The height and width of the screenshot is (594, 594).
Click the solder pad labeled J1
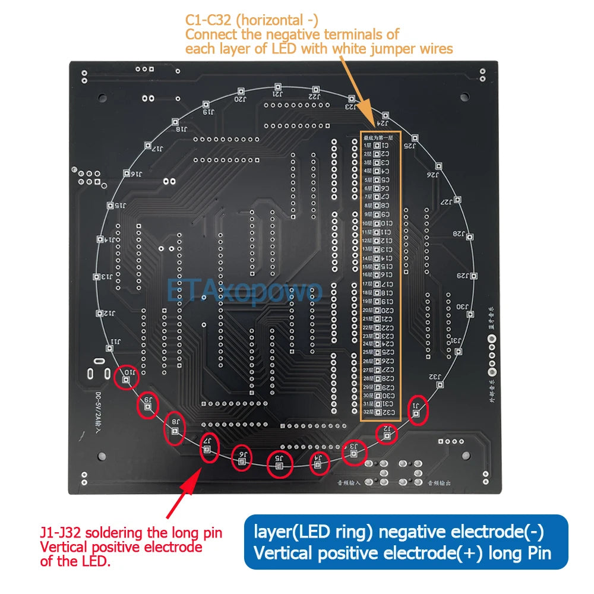[x=417, y=415]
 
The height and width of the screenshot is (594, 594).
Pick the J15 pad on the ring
[x=110, y=206]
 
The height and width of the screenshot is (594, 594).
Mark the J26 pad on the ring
[x=438, y=166]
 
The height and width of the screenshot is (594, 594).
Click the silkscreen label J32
[x=435, y=376]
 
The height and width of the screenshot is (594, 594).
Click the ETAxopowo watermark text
[x=245, y=292]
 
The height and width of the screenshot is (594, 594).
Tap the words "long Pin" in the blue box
[x=520, y=554]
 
